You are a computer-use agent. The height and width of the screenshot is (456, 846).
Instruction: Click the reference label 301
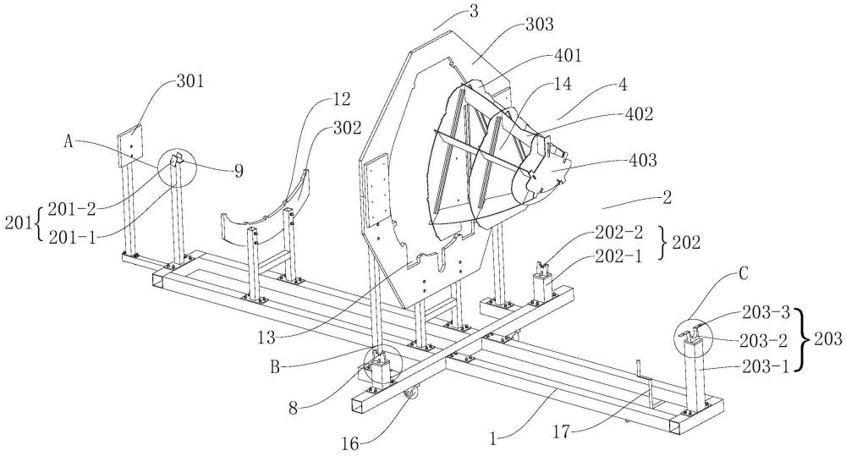click(190, 81)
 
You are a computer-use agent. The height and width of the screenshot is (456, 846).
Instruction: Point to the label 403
click(643, 160)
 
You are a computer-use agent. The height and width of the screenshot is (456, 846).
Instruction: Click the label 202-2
click(619, 233)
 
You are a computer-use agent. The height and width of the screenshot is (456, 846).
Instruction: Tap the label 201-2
click(72, 208)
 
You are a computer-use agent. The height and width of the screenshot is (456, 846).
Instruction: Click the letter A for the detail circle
click(69, 141)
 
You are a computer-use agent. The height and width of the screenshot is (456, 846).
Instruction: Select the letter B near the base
click(275, 367)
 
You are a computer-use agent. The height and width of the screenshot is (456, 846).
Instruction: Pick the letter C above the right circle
click(743, 274)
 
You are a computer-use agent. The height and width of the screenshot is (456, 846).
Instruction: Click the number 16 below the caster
click(349, 444)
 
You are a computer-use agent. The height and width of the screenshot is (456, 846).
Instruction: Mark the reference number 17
click(563, 431)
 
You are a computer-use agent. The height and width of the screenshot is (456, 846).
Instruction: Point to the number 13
click(266, 338)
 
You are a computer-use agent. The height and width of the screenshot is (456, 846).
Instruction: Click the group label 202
click(685, 243)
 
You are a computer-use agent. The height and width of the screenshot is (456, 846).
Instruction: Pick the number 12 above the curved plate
click(341, 99)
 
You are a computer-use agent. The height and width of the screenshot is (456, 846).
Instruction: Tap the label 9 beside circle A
click(238, 171)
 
